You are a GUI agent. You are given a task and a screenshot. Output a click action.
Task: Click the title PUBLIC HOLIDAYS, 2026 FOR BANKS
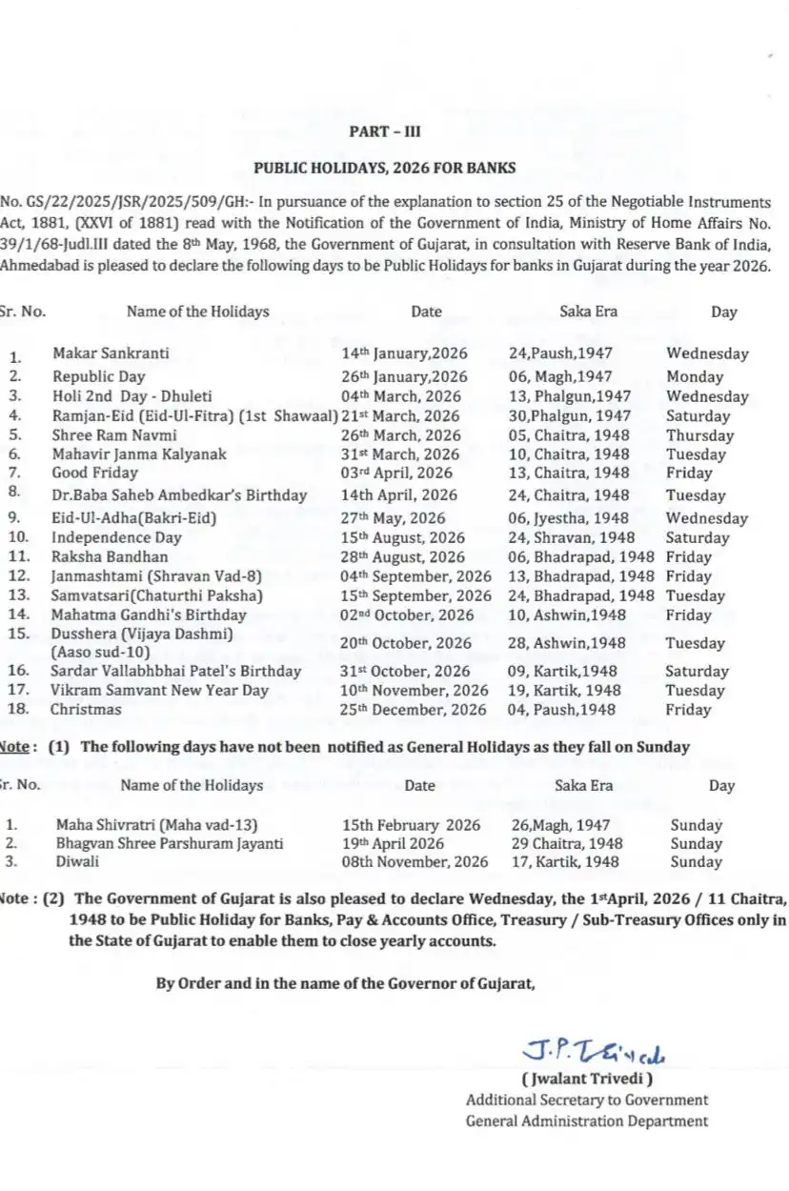coord(385,168)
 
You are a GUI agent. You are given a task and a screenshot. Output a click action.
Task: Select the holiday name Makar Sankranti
coord(111,353)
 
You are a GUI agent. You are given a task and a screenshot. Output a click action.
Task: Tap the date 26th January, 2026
coord(404,376)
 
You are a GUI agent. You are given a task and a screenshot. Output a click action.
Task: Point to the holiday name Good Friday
coord(95,473)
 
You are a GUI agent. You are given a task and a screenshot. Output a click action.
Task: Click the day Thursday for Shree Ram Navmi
coord(700,435)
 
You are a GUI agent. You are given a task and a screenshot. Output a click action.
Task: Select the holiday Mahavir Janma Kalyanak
coord(139,454)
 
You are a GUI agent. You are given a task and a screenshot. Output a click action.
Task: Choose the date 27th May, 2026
coord(394,518)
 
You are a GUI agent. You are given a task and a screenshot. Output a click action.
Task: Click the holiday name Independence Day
coord(117,537)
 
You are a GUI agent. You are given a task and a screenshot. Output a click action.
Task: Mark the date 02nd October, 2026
coord(407,616)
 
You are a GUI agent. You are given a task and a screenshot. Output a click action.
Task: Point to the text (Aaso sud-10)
coord(101,652)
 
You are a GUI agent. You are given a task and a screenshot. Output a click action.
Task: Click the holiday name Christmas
coord(86,710)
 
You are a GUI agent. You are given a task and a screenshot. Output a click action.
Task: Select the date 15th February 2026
coord(412,825)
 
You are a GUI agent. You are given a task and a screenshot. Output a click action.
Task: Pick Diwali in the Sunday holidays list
coord(78,861)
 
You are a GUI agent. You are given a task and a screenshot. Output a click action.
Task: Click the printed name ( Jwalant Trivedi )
coord(587,1080)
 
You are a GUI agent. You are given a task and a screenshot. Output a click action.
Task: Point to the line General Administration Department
coord(586,1121)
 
